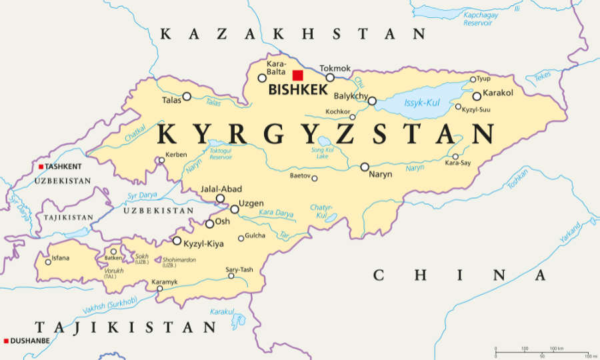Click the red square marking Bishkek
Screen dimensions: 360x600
click(x=297, y=75)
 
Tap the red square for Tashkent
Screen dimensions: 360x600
click(x=41, y=167)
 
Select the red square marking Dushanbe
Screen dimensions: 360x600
click(x=6, y=341)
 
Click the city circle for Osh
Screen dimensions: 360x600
click(x=209, y=224)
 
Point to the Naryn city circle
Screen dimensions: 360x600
click(x=365, y=167)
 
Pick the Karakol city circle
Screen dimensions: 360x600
click(x=477, y=96)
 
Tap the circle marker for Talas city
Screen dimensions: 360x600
click(x=187, y=96)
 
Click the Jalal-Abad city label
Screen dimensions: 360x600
click(x=221, y=189)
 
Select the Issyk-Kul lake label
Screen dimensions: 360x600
click(x=423, y=103)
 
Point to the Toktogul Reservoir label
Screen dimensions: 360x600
click(x=221, y=155)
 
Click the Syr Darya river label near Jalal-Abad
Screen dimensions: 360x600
click(x=142, y=196)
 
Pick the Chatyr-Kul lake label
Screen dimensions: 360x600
click(x=321, y=211)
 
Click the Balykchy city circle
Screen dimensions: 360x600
click(x=372, y=101)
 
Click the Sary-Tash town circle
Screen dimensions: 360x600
click(x=231, y=276)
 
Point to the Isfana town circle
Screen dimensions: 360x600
click(x=48, y=262)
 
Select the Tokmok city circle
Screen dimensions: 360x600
click(x=330, y=77)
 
